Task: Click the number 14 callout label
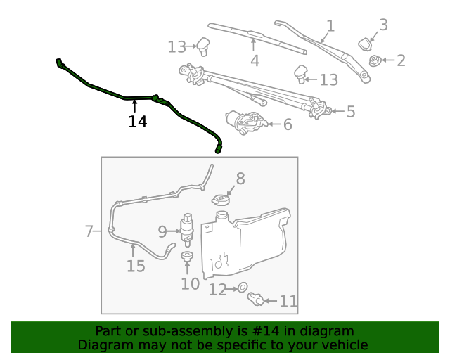click(x=137, y=122)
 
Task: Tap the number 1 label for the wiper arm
click(x=330, y=26)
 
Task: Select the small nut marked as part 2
click(x=375, y=61)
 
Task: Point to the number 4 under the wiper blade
click(x=255, y=60)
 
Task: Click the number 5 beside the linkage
click(x=350, y=111)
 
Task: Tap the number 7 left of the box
click(x=89, y=231)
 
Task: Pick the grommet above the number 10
click(x=188, y=257)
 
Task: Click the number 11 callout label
click(x=288, y=302)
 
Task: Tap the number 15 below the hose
click(x=136, y=266)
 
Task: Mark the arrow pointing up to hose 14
click(x=134, y=105)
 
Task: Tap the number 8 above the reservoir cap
click(x=240, y=179)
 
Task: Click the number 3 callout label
click(x=383, y=25)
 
